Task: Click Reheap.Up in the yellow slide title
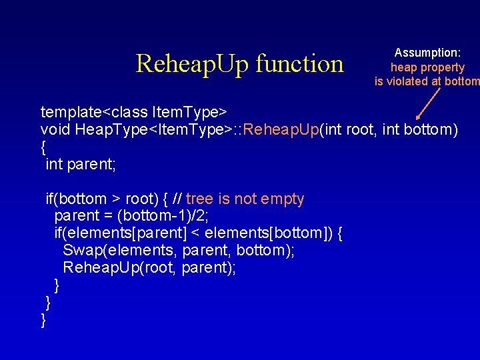(191, 64)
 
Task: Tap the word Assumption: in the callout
(427, 52)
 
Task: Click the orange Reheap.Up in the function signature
(282, 129)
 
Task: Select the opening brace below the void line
(44, 147)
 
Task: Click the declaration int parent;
(80, 164)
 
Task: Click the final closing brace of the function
(44, 320)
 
